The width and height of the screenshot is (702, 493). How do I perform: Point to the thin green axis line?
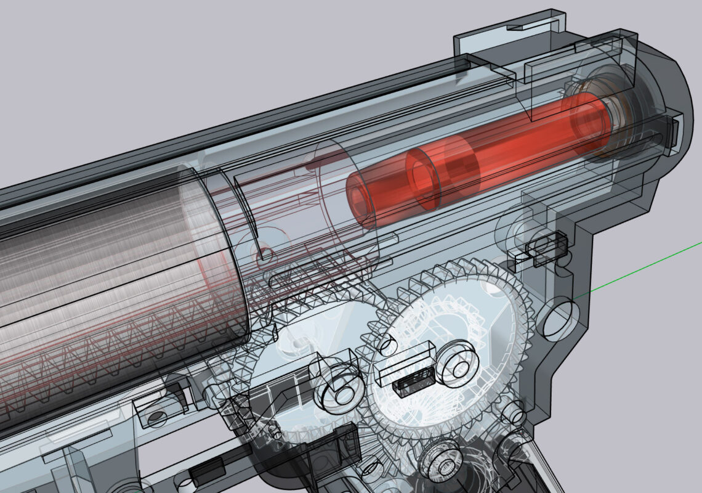640,271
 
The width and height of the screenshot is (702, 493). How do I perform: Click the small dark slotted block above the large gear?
546,246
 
